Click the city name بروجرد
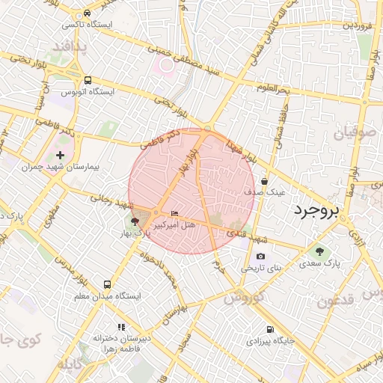click(x=316, y=209)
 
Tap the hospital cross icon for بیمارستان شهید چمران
click(x=61, y=155)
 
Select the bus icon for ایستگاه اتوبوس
click(x=88, y=80)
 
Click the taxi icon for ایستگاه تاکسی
click(x=88, y=13)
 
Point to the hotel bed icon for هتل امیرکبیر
click(x=175, y=213)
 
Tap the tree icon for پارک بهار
click(x=135, y=221)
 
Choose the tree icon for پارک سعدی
click(x=320, y=252)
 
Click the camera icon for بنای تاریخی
click(x=260, y=257)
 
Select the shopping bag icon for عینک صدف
click(x=265, y=181)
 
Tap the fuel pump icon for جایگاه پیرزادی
click(x=269, y=329)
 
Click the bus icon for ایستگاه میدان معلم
click(x=107, y=285)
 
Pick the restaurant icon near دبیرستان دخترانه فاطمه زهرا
click(x=121, y=327)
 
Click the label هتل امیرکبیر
click(x=174, y=224)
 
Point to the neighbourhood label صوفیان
click(x=352, y=135)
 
